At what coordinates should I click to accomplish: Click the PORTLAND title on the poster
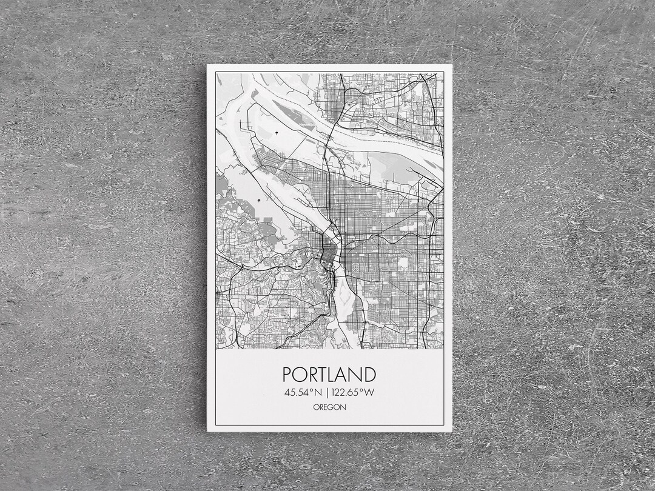point(329,374)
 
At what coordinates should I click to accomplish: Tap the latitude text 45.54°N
point(300,392)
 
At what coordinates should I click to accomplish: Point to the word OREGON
point(329,407)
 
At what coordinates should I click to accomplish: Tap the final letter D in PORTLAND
point(369,374)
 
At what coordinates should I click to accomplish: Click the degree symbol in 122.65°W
point(361,390)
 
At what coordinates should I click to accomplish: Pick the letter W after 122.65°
point(369,392)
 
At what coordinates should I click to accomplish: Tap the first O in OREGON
point(316,407)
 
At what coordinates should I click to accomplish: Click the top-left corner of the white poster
point(207,65)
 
